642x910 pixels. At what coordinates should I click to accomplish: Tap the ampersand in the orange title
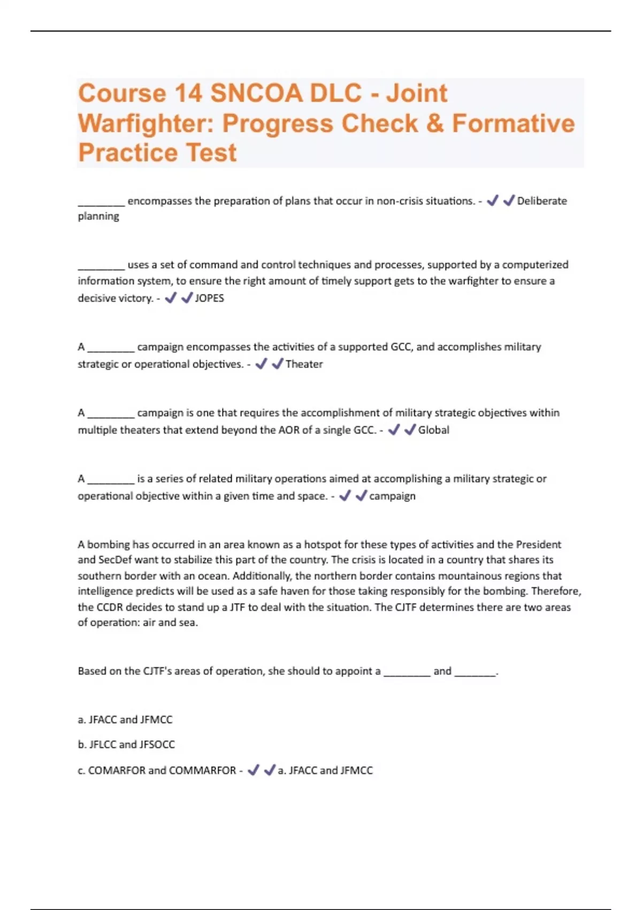(435, 123)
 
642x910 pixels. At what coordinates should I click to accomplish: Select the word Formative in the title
(513, 123)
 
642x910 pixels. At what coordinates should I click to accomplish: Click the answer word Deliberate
(541, 201)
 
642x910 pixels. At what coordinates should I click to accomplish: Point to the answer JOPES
(209, 298)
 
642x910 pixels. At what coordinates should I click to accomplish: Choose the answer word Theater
(304, 364)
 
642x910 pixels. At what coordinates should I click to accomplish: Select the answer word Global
(433, 430)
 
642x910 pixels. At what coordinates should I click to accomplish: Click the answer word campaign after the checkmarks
(392, 496)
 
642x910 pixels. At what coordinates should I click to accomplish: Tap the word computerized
(535, 264)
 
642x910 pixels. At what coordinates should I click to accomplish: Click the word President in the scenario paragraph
(538, 544)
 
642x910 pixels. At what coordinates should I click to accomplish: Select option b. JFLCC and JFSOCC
(126, 745)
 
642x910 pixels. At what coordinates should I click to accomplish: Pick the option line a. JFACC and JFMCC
(125, 720)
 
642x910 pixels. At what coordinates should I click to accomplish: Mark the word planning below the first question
(98, 216)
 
